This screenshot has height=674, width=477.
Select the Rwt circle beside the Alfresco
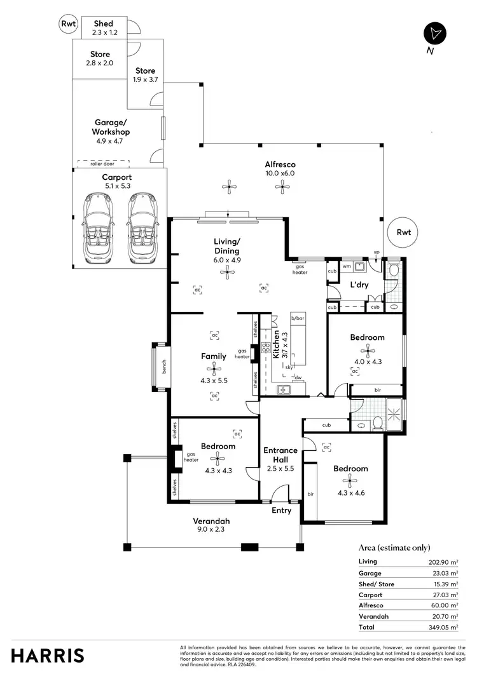click(x=403, y=232)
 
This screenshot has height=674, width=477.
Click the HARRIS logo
click(x=47, y=656)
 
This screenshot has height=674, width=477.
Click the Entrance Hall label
click(x=280, y=455)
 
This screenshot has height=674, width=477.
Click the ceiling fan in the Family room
click(x=214, y=368)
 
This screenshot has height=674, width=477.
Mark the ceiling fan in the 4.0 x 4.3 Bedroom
click(x=367, y=349)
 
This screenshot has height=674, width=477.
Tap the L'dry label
click(x=359, y=285)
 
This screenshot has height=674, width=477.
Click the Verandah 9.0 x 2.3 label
click(x=209, y=524)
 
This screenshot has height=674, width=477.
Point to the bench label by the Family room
click(x=163, y=366)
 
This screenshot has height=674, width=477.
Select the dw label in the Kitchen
click(x=298, y=377)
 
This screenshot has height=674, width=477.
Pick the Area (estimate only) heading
click(x=394, y=548)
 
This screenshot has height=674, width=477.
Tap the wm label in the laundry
click(x=346, y=267)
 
